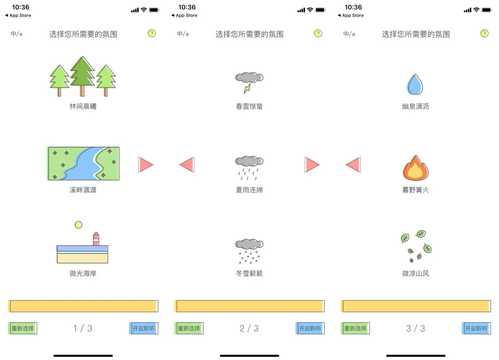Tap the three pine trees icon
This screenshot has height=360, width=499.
tap(83, 77)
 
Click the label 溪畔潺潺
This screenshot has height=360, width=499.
tap(83, 190)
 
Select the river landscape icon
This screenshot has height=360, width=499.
tap(83, 163)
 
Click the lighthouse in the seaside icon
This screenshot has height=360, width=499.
tap(96, 238)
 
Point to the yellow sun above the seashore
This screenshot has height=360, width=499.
tap(79, 225)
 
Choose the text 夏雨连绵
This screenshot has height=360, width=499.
tap(249, 190)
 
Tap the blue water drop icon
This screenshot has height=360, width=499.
tap(415, 85)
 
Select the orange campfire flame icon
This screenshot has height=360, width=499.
tap(415, 168)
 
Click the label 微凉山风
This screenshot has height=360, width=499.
tap(416, 274)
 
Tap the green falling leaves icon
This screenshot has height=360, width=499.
tap(416, 246)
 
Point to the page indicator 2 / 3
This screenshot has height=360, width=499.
tap(249, 329)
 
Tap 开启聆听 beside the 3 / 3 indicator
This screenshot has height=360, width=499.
tap(476, 329)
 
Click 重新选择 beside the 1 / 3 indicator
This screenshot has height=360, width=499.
tap(23, 329)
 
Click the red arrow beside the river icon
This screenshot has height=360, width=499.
tap(146, 165)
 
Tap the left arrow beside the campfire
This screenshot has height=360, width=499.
tap(353, 165)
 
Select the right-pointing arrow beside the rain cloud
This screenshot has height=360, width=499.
tap(312, 165)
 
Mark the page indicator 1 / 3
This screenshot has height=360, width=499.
tap(83, 329)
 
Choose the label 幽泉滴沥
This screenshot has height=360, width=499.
tap(416, 107)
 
